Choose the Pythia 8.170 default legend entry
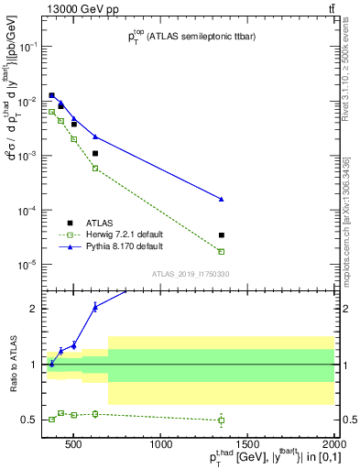click(130, 246)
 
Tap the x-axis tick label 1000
click(162, 445)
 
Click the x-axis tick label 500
click(75, 445)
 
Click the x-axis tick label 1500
click(248, 445)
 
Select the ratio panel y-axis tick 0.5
click(32, 420)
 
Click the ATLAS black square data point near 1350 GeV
click(222, 235)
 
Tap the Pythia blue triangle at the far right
click(222, 199)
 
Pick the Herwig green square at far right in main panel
click(222, 251)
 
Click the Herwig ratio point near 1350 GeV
click(222, 420)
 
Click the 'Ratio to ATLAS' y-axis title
click(12, 365)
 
